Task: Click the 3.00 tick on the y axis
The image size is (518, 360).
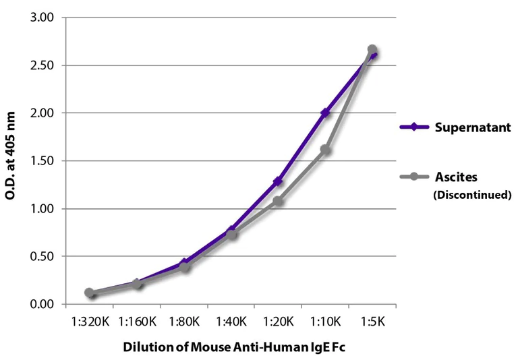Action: [42, 18]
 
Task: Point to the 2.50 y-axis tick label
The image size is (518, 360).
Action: [42, 65]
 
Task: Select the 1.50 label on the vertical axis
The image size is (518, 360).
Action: [42, 161]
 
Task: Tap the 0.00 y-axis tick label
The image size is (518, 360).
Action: [42, 304]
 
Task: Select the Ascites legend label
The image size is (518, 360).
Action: [456, 177]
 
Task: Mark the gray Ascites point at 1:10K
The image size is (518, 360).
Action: [325, 149]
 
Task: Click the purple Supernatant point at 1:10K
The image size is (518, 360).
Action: [325, 113]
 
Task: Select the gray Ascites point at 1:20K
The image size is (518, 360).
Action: [278, 201]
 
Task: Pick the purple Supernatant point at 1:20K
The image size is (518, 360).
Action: [278, 181]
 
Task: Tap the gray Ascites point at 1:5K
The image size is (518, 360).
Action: [372, 50]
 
